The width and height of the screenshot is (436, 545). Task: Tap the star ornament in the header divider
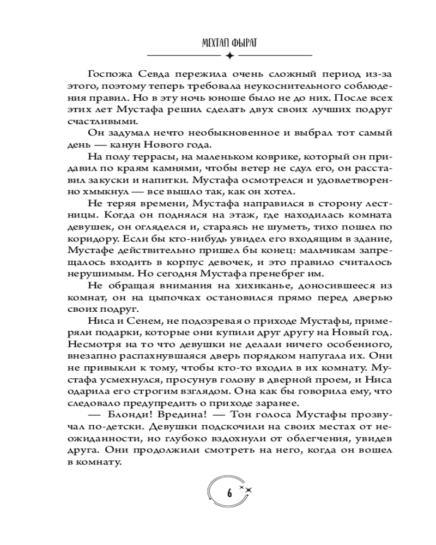[229, 56]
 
